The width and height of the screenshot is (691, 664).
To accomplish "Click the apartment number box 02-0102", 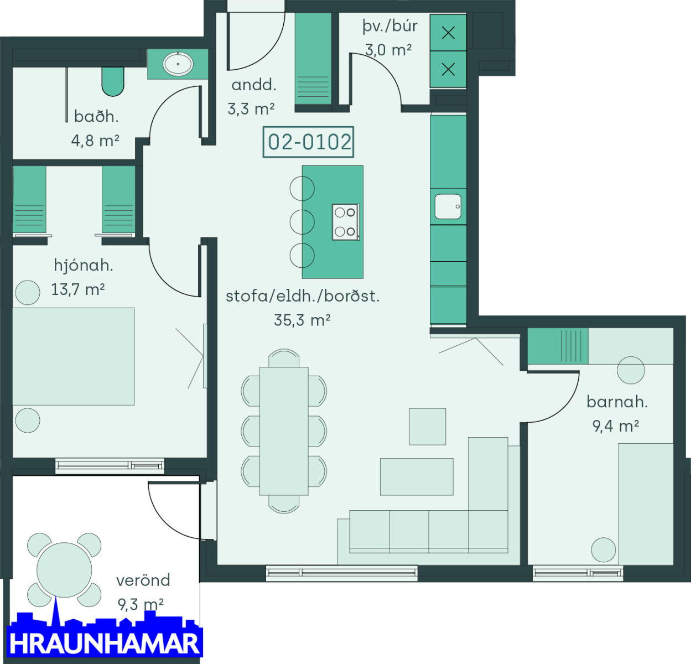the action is pyautogui.click(x=308, y=142).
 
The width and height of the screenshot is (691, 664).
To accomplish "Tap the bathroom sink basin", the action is pyautogui.click(x=178, y=64).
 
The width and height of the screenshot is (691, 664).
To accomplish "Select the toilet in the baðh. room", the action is pyautogui.click(x=113, y=81).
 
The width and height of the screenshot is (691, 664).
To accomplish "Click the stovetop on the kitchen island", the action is pyautogui.click(x=346, y=222).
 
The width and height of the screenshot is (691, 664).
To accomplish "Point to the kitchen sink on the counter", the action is pyautogui.click(x=448, y=206).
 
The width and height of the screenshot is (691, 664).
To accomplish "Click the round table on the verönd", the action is pyautogui.click(x=64, y=570).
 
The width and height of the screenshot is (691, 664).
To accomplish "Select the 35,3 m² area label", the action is pyautogui.click(x=302, y=320).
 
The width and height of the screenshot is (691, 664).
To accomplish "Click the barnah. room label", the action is pyautogui.click(x=617, y=402).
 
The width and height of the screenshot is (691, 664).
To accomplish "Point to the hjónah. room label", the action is pyautogui.click(x=84, y=265).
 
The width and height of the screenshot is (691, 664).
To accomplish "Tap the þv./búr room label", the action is pyautogui.click(x=390, y=26).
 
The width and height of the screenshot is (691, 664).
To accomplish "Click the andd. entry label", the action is pyautogui.click(x=253, y=85).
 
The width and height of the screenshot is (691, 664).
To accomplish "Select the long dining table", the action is pyautogui.click(x=284, y=431).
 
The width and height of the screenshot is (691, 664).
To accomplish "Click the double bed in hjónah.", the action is pyautogui.click(x=74, y=356).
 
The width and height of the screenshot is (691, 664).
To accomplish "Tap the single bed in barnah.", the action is pyautogui.click(x=646, y=504).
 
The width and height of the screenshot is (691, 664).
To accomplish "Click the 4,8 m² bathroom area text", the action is pyautogui.click(x=95, y=141).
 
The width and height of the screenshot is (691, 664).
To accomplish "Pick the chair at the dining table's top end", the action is pyautogui.click(x=284, y=358).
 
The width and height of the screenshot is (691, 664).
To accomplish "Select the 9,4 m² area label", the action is pyautogui.click(x=616, y=426).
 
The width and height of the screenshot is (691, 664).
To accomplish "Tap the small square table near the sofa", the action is pyautogui.click(x=427, y=427).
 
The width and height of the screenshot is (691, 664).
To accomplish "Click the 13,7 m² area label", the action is pyautogui.click(x=78, y=289).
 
